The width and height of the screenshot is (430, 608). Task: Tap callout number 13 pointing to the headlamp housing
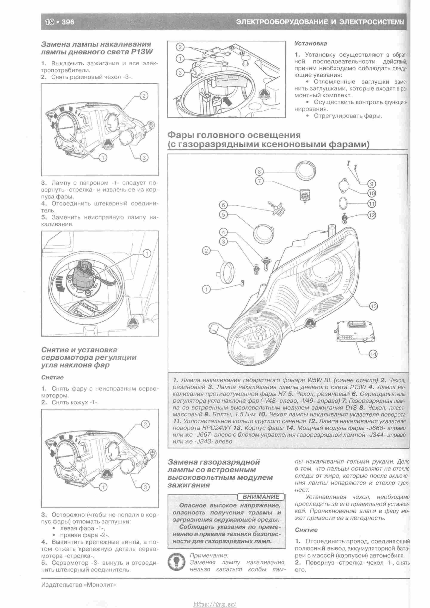tap(373, 306)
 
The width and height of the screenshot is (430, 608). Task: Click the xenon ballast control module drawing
tap(354, 331)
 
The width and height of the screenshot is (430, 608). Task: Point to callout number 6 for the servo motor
tap(223, 205)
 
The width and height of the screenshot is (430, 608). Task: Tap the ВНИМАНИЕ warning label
tap(261, 497)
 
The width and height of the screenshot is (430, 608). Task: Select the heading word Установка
tap(311, 43)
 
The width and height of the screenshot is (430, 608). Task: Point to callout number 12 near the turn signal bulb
tap(372, 215)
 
